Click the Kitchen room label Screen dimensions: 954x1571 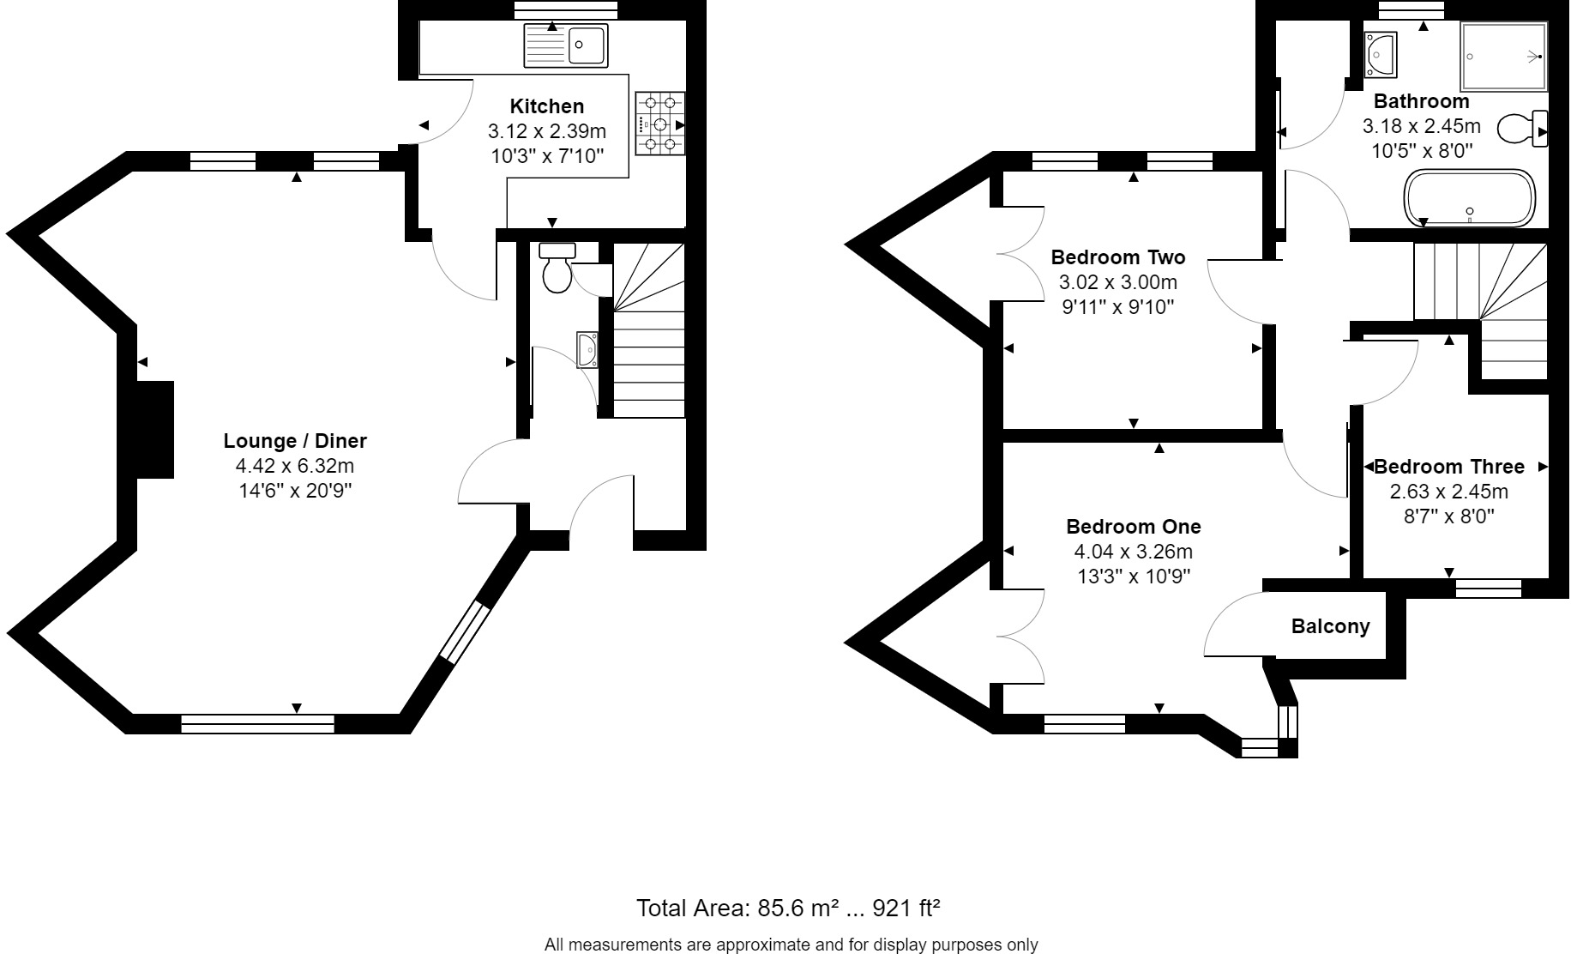pyautogui.click(x=546, y=106)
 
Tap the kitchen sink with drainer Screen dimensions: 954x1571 pyautogui.click(x=566, y=45)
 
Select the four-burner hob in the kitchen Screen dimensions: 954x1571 pyautogui.click(x=660, y=124)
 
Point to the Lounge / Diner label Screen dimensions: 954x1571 pyautogui.click(x=295, y=441)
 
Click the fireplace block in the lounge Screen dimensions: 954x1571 pyautogui.click(x=155, y=429)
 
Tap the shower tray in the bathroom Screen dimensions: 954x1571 pyautogui.click(x=1504, y=57)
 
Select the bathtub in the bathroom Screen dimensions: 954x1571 pyautogui.click(x=1470, y=199)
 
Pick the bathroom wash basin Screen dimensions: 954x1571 pyautogui.click(x=1381, y=53)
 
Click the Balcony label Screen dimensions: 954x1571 pyautogui.click(x=1330, y=626)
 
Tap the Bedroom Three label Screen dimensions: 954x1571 pyautogui.click(x=1449, y=467)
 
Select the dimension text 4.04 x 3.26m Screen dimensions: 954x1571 pyautogui.click(x=1133, y=552)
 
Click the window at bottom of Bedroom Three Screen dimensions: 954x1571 pyautogui.click(x=1489, y=588)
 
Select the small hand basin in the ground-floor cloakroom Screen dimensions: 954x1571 pyautogui.click(x=587, y=351)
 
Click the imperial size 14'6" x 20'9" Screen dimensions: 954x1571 pyautogui.click(x=295, y=492)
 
